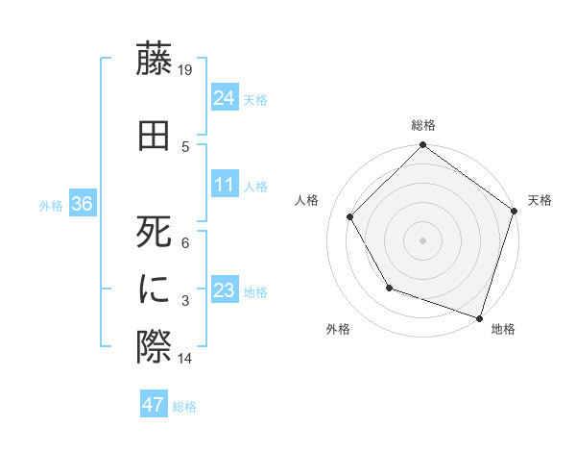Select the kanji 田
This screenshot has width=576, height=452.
(x=154, y=136)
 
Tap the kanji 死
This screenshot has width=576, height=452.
(x=154, y=231)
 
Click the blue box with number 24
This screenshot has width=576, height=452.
(x=225, y=98)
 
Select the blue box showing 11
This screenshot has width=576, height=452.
(x=225, y=186)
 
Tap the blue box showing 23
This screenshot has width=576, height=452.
(x=225, y=291)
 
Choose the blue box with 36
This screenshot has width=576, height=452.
(x=82, y=205)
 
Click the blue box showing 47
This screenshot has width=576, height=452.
(x=154, y=405)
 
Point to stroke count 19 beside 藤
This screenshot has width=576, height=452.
(x=186, y=70)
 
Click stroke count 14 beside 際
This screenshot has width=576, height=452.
(x=186, y=359)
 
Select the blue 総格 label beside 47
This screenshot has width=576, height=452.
(x=184, y=407)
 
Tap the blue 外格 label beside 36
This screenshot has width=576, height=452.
(x=50, y=206)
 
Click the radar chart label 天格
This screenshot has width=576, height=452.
(x=540, y=200)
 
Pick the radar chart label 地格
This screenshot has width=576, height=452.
(x=503, y=329)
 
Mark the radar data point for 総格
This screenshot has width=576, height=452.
(x=422, y=146)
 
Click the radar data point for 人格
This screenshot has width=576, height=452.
(x=349, y=216)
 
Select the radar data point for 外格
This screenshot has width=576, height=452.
(x=389, y=287)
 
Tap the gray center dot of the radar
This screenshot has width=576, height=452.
(x=422, y=239)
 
